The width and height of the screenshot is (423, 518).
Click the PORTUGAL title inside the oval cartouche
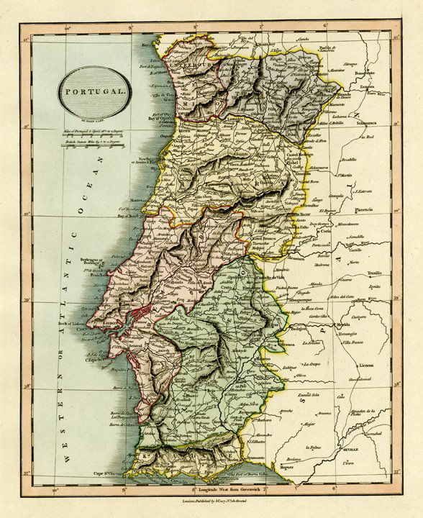[x=91, y=94]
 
